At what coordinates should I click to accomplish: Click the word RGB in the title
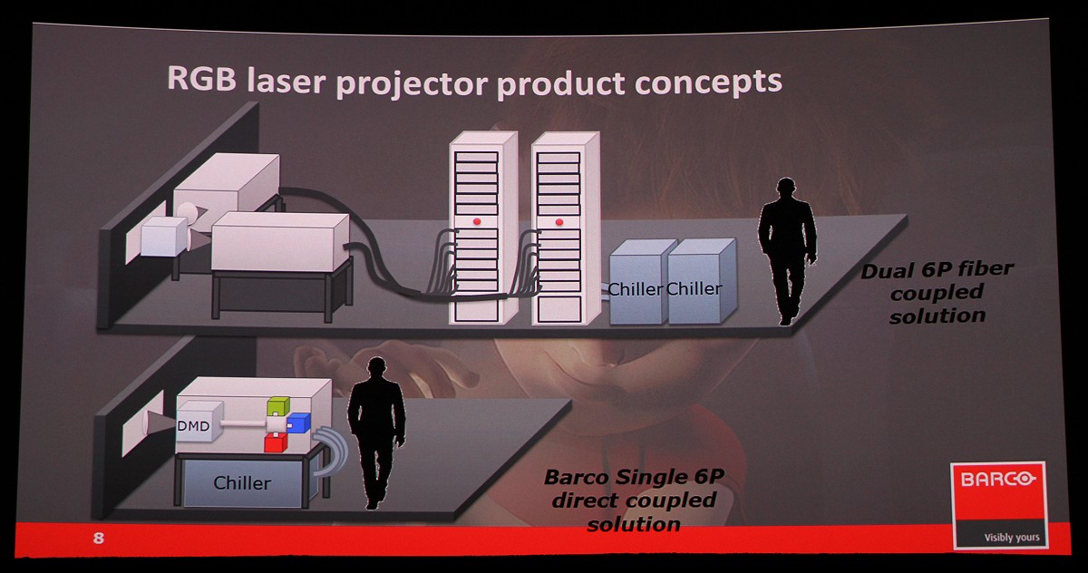click(201, 78)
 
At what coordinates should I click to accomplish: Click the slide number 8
click(99, 538)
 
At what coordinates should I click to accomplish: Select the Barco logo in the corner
click(998, 505)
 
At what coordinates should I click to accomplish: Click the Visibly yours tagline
click(1012, 538)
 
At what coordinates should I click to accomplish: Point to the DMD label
click(193, 426)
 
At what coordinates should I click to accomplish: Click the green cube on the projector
click(277, 406)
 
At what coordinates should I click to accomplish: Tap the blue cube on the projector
click(298, 423)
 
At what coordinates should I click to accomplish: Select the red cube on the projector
click(276, 442)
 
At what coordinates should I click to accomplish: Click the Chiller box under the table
click(243, 483)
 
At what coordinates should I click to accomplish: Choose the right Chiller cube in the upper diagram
click(702, 282)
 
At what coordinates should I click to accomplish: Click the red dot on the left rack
click(477, 221)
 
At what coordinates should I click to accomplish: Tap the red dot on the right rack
click(559, 222)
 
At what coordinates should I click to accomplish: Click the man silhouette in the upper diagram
click(787, 251)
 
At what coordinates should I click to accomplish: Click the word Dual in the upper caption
click(887, 271)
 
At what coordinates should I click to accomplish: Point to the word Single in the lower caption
click(648, 477)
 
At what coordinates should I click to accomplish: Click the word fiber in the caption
click(985, 268)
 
